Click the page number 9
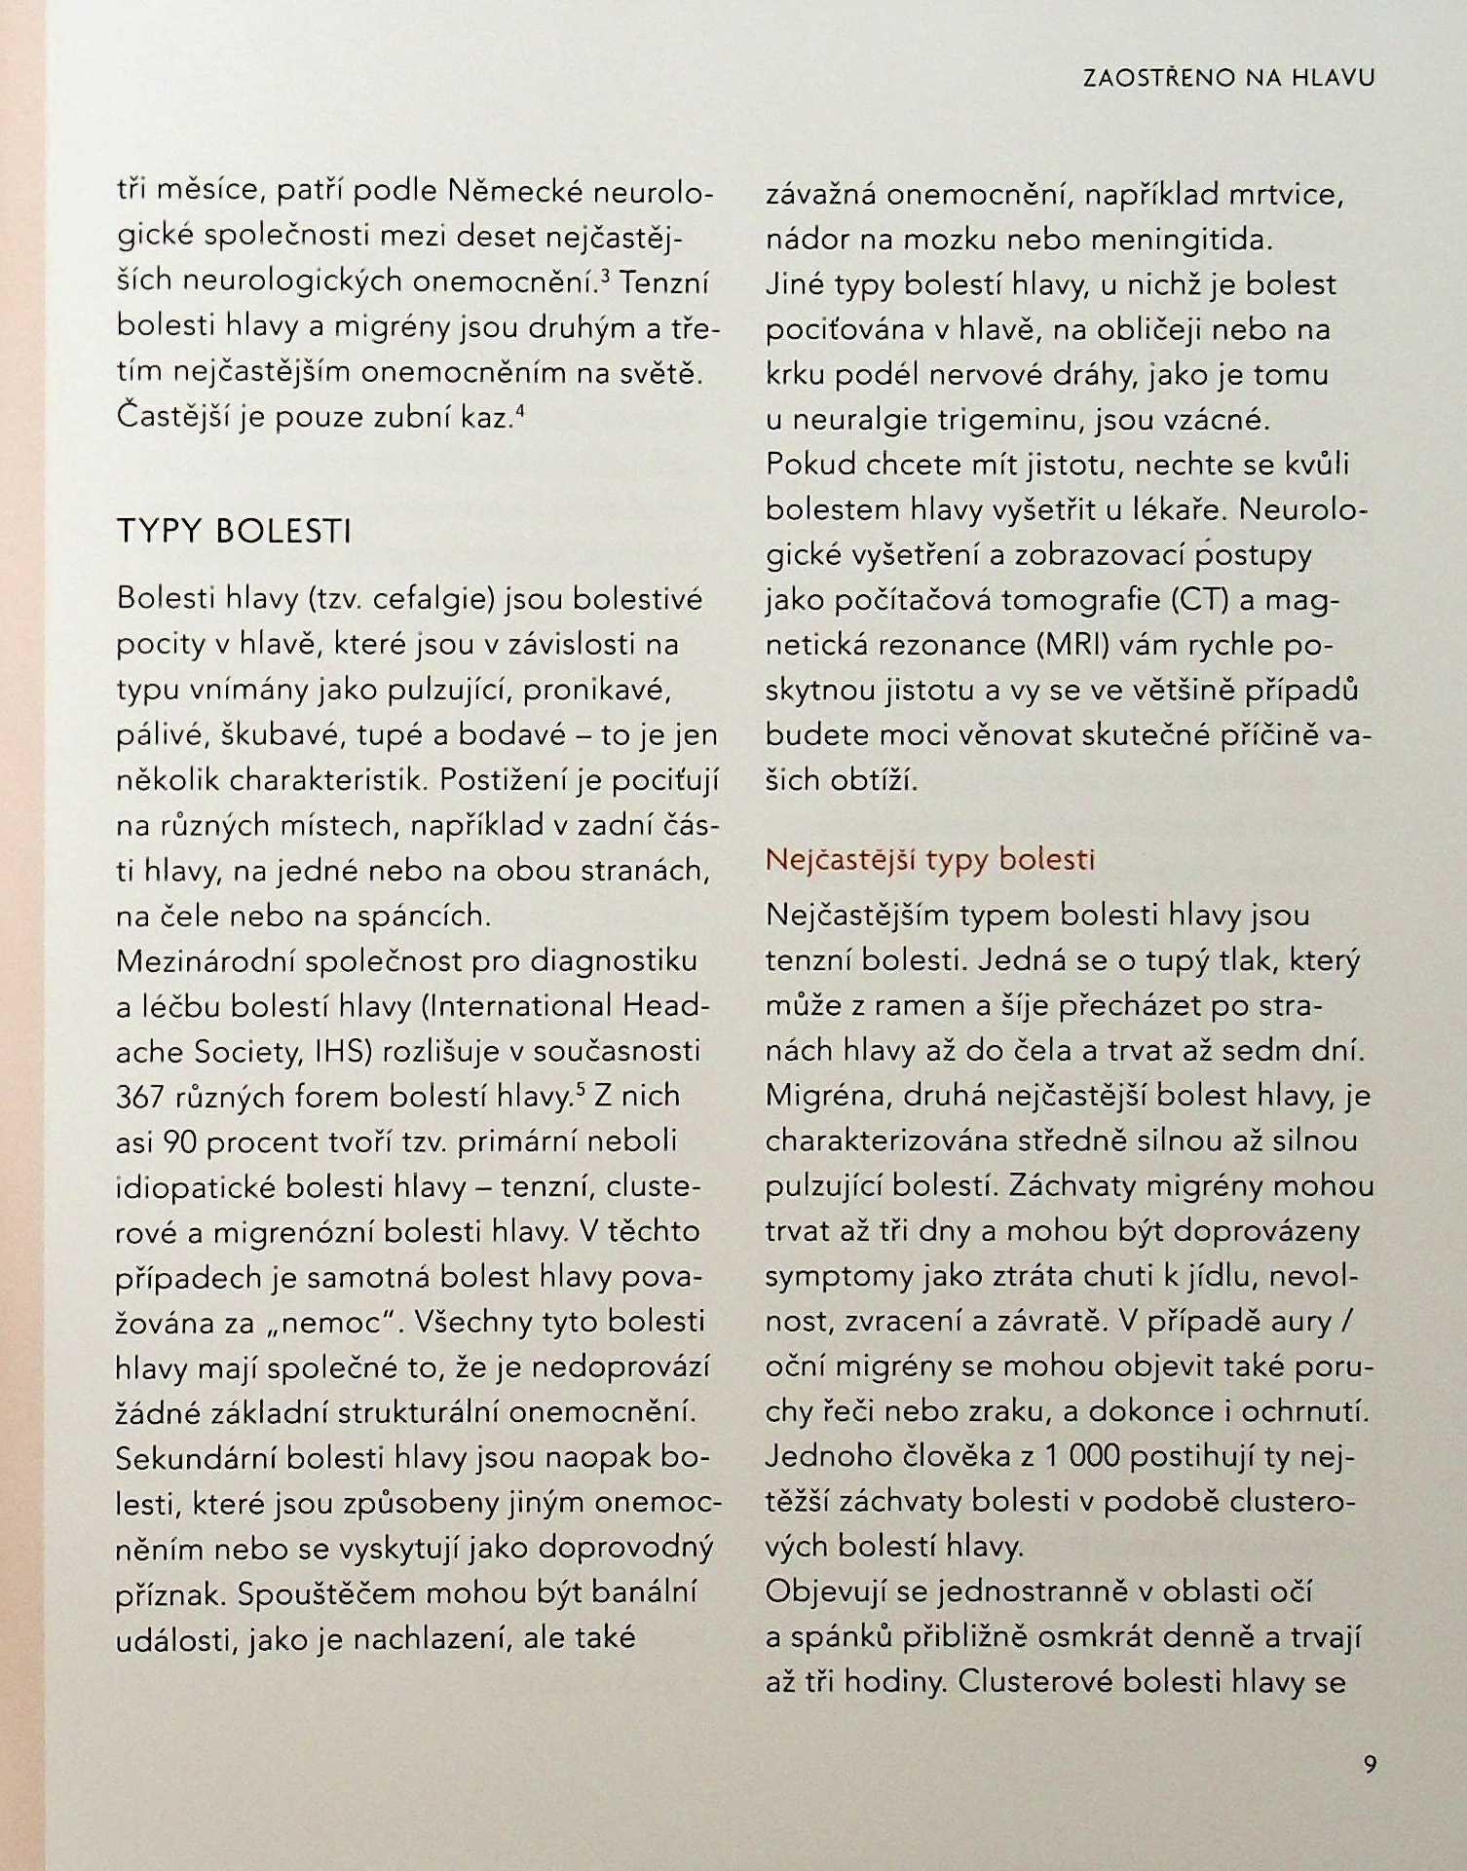coord(1370,1764)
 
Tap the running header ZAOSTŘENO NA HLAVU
coord(1228,79)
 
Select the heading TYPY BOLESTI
coord(234,532)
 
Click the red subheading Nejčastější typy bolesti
coord(930,859)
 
